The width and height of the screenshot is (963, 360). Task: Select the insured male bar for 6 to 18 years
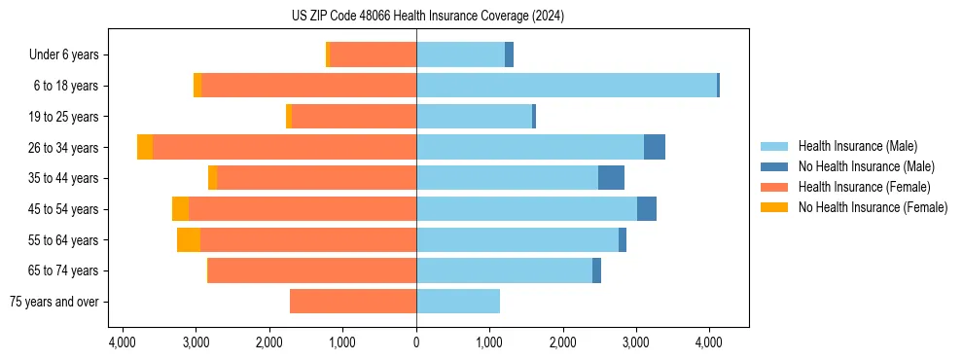click(566, 86)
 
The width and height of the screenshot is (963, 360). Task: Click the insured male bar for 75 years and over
click(458, 302)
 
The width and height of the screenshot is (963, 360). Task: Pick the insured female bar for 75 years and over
click(353, 302)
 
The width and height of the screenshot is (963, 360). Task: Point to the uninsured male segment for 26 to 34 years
click(655, 147)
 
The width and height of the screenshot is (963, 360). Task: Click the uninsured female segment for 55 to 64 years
click(189, 240)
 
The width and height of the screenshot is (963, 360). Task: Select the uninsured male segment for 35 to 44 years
click(611, 178)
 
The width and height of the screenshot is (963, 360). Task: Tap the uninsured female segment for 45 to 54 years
click(180, 209)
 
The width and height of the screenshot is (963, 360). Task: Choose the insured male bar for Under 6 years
click(460, 54)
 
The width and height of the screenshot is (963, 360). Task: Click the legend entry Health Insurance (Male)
click(857, 146)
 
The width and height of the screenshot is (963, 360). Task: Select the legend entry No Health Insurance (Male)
click(866, 166)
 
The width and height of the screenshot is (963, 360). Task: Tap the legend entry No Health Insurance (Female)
click(873, 207)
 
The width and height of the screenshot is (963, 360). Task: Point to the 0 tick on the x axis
click(416, 342)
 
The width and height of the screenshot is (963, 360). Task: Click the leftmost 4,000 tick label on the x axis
click(123, 342)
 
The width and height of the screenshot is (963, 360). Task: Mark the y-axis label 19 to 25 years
click(63, 117)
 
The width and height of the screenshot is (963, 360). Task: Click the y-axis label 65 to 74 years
click(63, 270)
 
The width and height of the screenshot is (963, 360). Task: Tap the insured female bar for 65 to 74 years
click(312, 270)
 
